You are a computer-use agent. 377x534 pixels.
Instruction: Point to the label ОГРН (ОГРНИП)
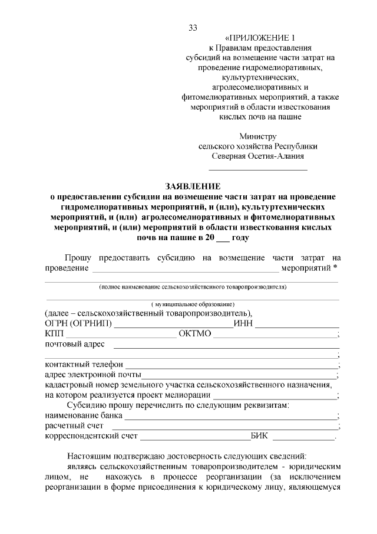pyautogui.click(x=78, y=323)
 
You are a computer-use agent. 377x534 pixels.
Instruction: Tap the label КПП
pyautogui.click(x=54, y=334)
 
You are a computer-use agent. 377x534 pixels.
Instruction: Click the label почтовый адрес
pyautogui.click(x=75, y=344)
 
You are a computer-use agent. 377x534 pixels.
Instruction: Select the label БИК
pyautogui.click(x=259, y=436)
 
